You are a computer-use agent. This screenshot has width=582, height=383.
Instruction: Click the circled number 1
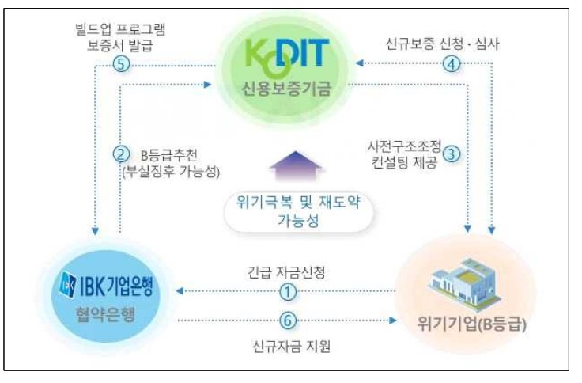[288, 292]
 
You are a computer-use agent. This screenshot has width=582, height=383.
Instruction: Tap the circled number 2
[121, 154]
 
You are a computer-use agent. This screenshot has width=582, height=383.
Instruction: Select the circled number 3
[452, 154]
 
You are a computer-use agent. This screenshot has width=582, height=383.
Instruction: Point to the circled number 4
[452, 64]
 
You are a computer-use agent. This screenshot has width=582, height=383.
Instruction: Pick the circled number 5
[121, 64]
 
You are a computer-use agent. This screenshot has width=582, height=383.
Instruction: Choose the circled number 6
[288, 320]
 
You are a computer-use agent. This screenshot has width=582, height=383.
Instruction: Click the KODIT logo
[287, 55]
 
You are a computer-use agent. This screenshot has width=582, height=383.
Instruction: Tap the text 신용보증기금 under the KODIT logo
[285, 89]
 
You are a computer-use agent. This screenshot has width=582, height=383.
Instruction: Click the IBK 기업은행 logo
[106, 286]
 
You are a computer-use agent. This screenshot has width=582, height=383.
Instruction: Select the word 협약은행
[105, 315]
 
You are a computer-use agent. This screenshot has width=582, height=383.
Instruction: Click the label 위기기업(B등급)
[472, 324]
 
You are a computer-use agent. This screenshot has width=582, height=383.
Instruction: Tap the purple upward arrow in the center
[295, 166]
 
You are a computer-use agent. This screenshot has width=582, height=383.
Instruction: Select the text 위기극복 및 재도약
[298, 203]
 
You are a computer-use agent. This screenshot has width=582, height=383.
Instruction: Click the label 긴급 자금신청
[286, 272]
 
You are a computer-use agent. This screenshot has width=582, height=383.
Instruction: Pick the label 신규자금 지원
[291, 347]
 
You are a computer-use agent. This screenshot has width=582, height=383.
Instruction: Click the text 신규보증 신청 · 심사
[443, 44]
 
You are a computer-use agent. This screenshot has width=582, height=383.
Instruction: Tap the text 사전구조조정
[404, 146]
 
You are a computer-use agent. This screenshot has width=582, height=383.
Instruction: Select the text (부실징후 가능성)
[171, 171]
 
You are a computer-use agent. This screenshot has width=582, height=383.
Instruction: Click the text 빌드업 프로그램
[120, 29]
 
